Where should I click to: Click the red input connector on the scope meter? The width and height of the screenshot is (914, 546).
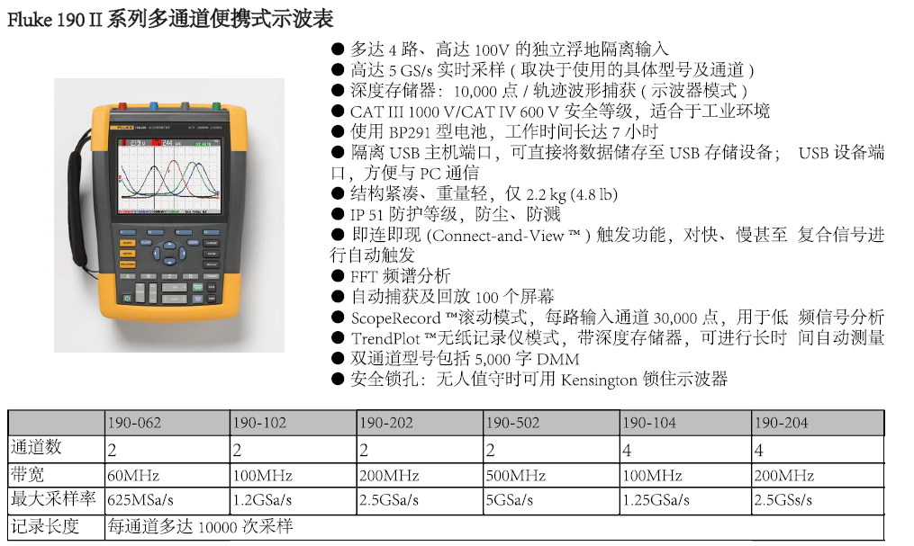coord(123,106)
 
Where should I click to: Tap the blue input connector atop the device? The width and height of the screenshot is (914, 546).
coord(154,106)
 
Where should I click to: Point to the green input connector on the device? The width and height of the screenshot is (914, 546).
coord(216,106)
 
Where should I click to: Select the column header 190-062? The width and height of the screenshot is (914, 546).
coord(135,423)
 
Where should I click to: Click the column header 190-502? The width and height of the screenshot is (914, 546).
coord(513,423)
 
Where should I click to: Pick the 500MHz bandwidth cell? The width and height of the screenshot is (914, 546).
coord(516,476)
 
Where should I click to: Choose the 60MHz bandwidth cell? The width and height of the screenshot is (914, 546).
coord(133,476)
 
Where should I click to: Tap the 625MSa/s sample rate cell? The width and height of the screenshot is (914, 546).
coord(140,500)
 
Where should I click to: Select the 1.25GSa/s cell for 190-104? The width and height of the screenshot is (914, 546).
coord(656,500)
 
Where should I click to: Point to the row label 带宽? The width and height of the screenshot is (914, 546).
coord(27,474)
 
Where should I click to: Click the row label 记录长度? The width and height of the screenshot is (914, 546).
coord(45,526)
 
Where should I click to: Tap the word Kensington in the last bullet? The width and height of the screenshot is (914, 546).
coord(599,380)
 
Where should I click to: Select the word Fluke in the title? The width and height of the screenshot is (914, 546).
coord(30,19)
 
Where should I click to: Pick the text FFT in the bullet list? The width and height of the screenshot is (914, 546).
coord(364,276)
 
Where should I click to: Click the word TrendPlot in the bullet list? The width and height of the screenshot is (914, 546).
coord(385,338)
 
